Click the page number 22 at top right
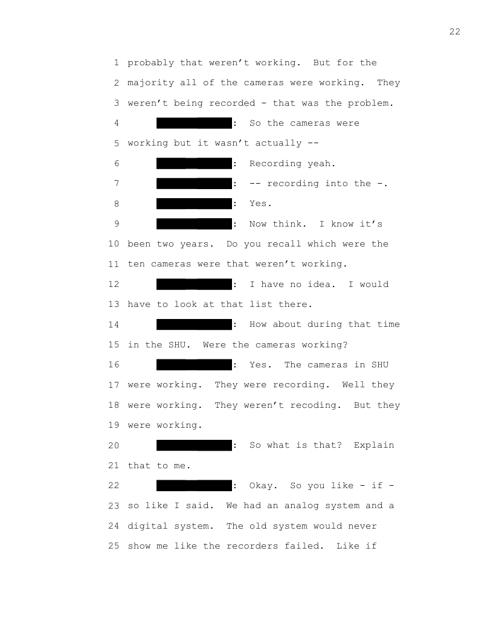[x=455, y=32]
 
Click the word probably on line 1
[x=150, y=63]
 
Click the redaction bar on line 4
[x=194, y=123]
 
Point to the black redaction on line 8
[x=194, y=204]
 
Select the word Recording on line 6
[x=275, y=164]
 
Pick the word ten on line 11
[x=136, y=264]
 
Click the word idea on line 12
[x=321, y=284]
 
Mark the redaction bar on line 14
[x=194, y=324]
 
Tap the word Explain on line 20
[x=374, y=445]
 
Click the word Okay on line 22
[x=263, y=485]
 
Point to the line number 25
[x=114, y=546]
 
